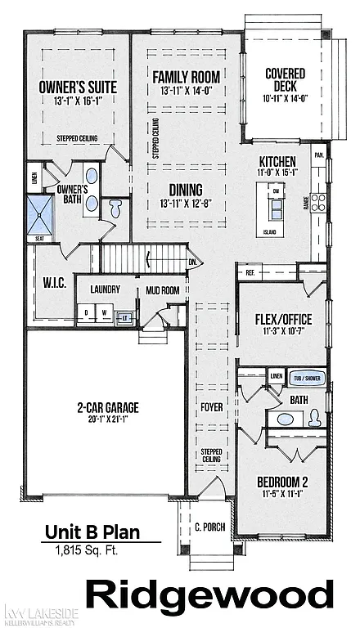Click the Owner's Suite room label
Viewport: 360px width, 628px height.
pyautogui.click(x=78, y=87)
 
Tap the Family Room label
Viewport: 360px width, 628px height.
pyautogui.click(x=187, y=77)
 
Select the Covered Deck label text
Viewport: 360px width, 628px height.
pyautogui.click(x=285, y=80)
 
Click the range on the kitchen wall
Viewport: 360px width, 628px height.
pyautogui.click(x=317, y=203)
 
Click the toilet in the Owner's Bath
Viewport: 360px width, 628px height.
pyautogui.click(x=115, y=209)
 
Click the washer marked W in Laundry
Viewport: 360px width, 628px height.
pyautogui.click(x=105, y=312)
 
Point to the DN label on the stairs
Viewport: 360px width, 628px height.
pyautogui.click(x=193, y=262)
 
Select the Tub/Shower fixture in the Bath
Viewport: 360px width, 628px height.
pyautogui.click(x=308, y=379)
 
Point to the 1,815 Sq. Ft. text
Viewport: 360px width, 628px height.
pyautogui.click(x=87, y=550)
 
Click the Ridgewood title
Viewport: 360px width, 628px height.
pyautogui.click(x=209, y=594)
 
